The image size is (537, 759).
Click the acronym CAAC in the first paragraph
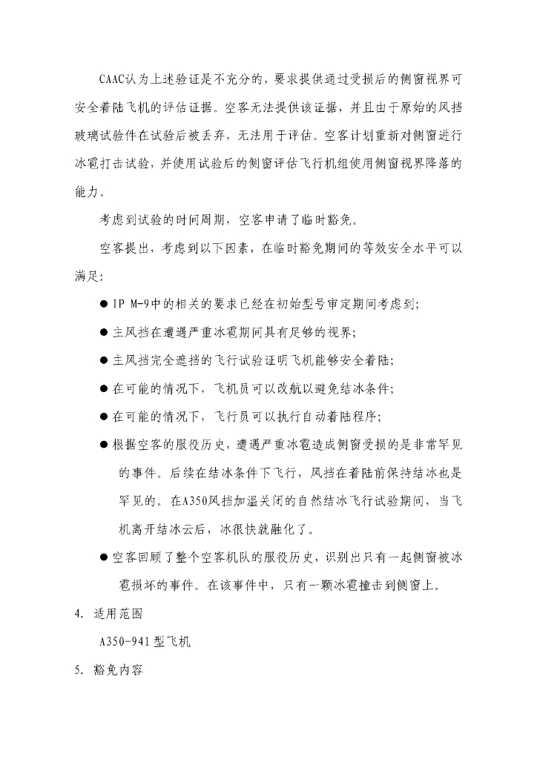click(116, 79)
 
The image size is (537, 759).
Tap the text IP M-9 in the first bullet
click(132, 304)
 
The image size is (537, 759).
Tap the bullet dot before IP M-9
click(104, 304)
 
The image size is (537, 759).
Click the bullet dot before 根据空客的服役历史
click(104, 445)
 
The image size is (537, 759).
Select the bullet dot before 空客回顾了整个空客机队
click(104, 557)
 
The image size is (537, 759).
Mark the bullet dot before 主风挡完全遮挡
click(104, 360)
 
